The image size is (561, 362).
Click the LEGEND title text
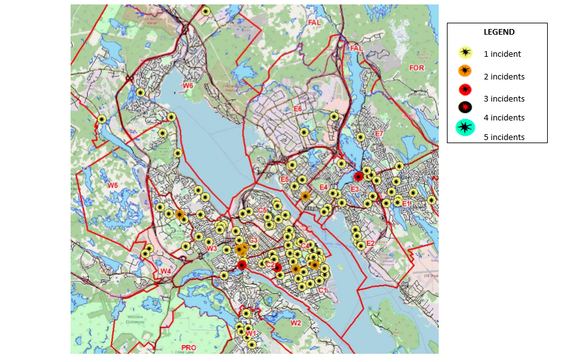(x=499, y=32)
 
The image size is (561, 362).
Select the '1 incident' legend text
(x=502, y=54)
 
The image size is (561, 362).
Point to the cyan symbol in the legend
(x=465, y=127)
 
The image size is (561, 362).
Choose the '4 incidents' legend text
(x=504, y=118)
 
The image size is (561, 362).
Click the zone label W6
(x=188, y=85)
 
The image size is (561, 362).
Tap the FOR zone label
(x=417, y=67)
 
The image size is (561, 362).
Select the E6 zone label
(x=298, y=109)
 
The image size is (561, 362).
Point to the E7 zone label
(x=379, y=134)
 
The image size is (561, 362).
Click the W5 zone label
(x=112, y=185)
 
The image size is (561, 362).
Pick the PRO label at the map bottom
(x=188, y=347)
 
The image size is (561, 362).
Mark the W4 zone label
(x=165, y=271)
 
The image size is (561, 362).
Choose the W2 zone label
(x=296, y=324)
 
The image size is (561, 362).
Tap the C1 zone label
(x=322, y=290)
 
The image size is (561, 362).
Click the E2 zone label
(x=370, y=243)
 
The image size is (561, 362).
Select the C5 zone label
(x=262, y=210)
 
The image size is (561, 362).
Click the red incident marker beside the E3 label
(x=358, y=177)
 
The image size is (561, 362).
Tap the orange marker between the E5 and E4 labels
(x=305, y=196)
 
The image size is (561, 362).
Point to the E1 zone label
(x=407, y=204)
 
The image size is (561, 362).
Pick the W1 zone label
(x=250, y=333)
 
